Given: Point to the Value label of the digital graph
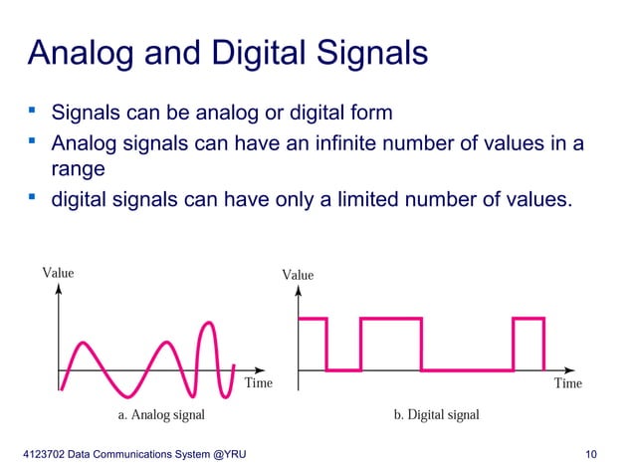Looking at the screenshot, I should click(298, 275).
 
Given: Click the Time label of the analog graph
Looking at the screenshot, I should click(258, 382).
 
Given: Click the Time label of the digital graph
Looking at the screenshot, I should click(567, 382).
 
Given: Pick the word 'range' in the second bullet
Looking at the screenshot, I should click(78, 169).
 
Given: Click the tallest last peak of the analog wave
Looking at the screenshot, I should click(209, 323).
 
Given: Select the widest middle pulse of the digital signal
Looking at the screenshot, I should click(391, 319).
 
